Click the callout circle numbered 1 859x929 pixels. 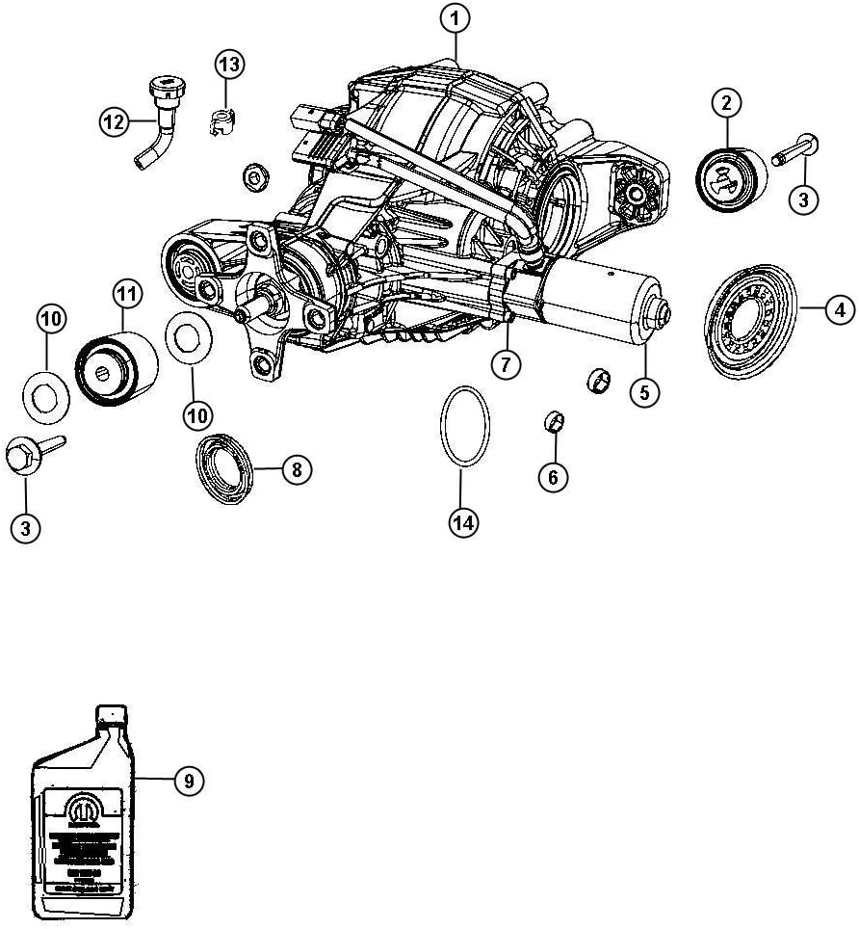pos(456,17)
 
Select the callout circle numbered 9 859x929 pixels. pos(189,782)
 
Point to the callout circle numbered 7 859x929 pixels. pos(506,364)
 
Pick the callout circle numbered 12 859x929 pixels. pos(115,120)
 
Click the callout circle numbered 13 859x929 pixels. pos(229,65)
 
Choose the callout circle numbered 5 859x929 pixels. pos(645,392)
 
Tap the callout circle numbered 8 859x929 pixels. pos(297,470)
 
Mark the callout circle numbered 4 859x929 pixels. pos(839,309)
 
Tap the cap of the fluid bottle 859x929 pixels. pos(112,714)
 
